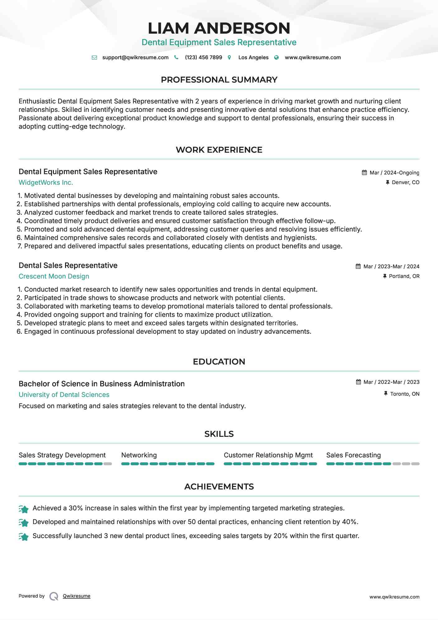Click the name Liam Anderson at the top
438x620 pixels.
(x=219, y=28)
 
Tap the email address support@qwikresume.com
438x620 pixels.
(x=135, y=57)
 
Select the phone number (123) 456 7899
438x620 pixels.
(x=203, y=57)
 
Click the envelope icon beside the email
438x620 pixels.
(x=94, y=58)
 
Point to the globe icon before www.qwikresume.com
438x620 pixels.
(x=276, y=58)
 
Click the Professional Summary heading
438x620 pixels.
(x=219, y=80)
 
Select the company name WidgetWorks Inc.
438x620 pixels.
(x=46, y=183)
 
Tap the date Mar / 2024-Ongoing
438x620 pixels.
(x=394, y=173)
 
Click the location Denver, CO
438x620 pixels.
(x=405, y=182)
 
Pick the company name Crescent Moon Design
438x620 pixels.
(x=54, y=276)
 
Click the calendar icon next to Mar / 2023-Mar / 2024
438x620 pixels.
(x=358, y=266)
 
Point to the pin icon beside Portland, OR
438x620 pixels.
(x=385, y=276)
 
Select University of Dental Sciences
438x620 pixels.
(x=64, y=395)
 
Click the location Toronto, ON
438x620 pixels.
(x=405, y=394)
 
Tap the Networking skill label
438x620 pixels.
(x=139, y=455)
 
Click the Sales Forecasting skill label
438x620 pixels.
(x=353, y=455)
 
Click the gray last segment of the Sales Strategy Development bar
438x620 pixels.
(x=108, y=464)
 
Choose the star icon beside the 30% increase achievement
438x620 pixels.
(x=24, y=509)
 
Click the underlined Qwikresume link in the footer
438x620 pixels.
(x=77, y=596)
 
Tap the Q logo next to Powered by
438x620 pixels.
(x=54, y=596)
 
